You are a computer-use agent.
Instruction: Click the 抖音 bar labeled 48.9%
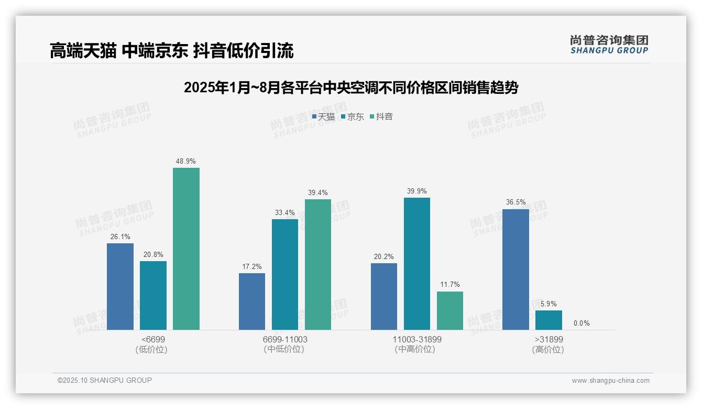click(186, 249)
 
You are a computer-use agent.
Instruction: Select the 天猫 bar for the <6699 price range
click(120, 286)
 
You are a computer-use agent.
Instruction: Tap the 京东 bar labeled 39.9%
click(416, 264)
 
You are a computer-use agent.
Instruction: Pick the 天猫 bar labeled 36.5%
click(515, 269)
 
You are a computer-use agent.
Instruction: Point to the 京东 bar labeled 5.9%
click(549, 320)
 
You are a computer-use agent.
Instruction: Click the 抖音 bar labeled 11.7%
click(450, 310)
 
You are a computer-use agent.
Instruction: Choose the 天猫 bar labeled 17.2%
click(252, 302)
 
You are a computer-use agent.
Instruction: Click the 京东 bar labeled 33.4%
click(285, 274)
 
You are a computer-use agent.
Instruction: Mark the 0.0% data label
click(582, 323)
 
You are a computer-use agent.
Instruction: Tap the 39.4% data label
click(318, 193)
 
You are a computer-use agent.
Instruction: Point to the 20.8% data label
click(153, 255)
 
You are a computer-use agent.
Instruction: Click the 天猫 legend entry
click(323, 117)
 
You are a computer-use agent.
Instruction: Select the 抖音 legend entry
click(381, 117)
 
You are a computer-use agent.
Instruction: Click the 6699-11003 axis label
click(285, 339)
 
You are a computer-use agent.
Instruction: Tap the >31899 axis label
click(549, 339)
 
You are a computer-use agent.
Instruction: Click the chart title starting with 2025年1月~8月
click(350, 88)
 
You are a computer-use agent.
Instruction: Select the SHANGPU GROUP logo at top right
click(609, 45)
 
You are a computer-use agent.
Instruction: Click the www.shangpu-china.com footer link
click(610, 381)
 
